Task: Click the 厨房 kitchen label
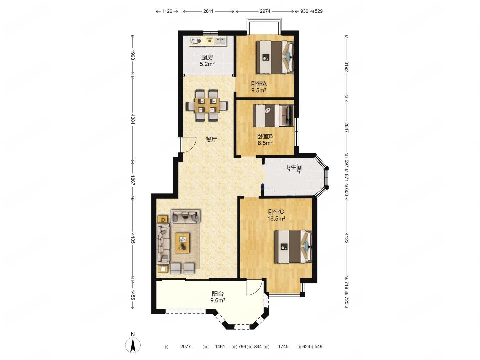click(207, 57)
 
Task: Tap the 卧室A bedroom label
click(259, 83)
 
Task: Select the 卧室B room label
click(265, 136)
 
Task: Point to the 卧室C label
click(276, 212)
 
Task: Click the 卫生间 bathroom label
click(294, 168)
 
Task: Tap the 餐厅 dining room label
click(211, 139)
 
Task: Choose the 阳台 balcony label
click(218, 294)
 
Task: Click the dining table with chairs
click(207, 105)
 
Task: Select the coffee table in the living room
click(182, 243)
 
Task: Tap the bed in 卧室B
click(273, 116)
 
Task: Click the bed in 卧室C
click(293, 246)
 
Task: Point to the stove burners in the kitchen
click(42, 41)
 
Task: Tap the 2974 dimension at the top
click(265, 11)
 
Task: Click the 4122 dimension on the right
click(346, 238)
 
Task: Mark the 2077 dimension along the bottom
click(185, 346)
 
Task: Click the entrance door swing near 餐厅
click(188, 144)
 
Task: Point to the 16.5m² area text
click(276, 218)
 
